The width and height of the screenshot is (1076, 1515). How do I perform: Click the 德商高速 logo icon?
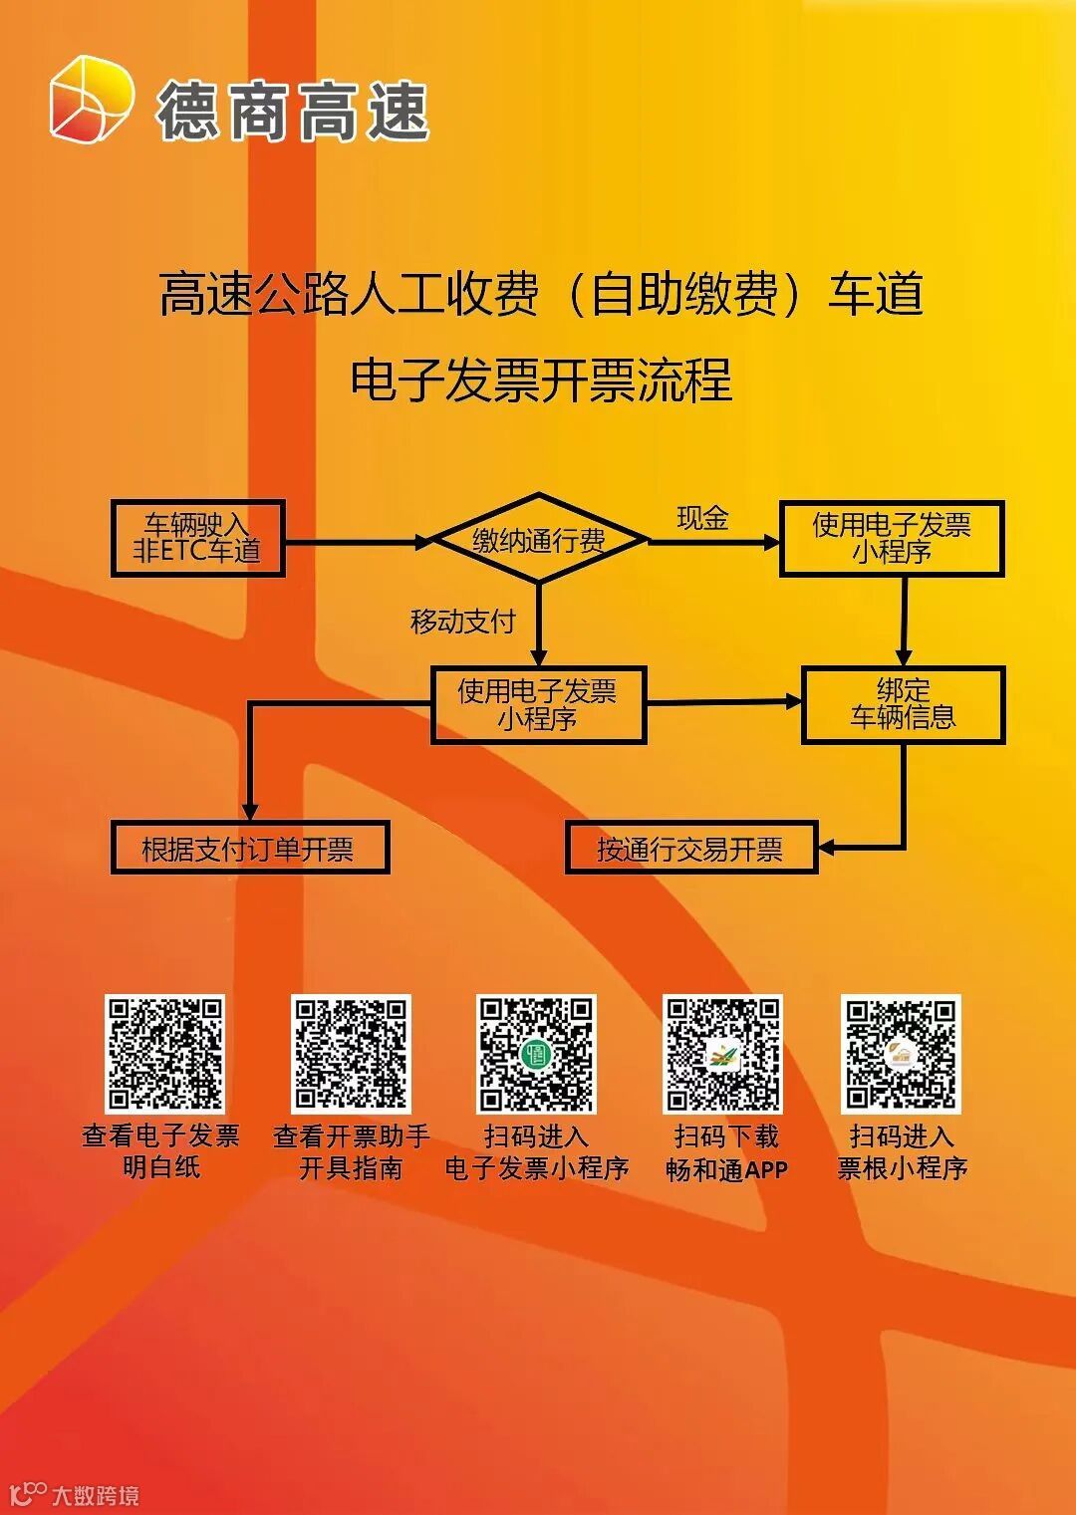92,100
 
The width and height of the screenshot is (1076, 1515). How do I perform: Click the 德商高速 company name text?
293,111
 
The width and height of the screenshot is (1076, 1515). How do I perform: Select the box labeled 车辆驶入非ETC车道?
198,539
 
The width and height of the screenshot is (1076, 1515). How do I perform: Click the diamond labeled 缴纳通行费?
538,539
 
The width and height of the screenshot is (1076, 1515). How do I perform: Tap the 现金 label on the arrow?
702,518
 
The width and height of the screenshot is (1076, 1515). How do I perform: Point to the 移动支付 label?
462,622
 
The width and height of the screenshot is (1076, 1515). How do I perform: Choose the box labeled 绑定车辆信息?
904,704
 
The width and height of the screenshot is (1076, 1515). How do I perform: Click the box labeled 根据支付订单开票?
249,849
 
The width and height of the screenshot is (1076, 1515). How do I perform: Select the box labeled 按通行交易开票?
690,849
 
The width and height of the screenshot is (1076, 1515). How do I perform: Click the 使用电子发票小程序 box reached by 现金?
892,539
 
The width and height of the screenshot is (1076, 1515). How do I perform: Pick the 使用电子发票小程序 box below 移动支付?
538,704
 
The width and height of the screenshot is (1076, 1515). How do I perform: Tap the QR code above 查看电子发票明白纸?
165,1054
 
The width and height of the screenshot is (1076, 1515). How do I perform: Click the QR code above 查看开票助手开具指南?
351,1054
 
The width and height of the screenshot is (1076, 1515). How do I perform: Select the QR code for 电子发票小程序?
537,1054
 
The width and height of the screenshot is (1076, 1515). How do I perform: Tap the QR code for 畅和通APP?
723,1054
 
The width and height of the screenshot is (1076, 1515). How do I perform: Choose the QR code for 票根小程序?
901,1054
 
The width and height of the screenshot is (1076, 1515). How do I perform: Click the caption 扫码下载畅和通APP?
726,1152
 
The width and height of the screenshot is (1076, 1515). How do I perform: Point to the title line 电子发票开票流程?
541,379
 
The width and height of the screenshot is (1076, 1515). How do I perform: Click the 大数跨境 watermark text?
95,1495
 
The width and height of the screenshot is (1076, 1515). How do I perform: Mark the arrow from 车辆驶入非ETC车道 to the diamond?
359,543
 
